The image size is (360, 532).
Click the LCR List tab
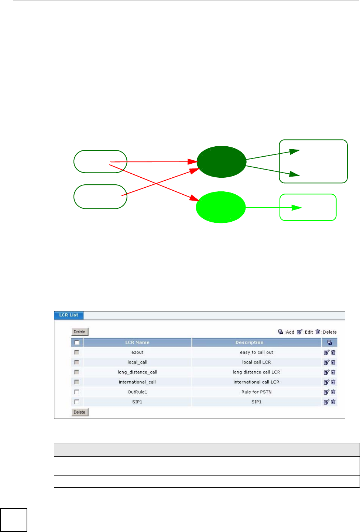click(69, 315)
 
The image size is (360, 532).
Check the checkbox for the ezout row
click(77, 352)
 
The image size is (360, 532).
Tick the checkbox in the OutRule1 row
click(77, 392)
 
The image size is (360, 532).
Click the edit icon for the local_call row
click(326, 362)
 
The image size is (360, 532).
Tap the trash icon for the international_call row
click(333, 382)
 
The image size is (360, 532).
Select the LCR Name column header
click(137, 342)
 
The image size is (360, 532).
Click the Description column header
click(249, 342)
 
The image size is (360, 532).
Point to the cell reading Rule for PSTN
click(256, 392)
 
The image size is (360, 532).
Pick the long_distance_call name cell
click(137, 372)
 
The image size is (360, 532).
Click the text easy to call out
click(256, 352)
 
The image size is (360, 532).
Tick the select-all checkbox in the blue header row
click(77, 342)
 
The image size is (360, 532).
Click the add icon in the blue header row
click(330, 342)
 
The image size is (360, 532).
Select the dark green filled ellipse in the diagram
click(221, 162)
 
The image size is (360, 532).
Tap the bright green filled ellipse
click(220, 207)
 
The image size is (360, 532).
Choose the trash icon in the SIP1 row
click(333, 402)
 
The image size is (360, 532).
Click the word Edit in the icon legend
click(309, 332)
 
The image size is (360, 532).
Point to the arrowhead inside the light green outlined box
click(296, 208)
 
